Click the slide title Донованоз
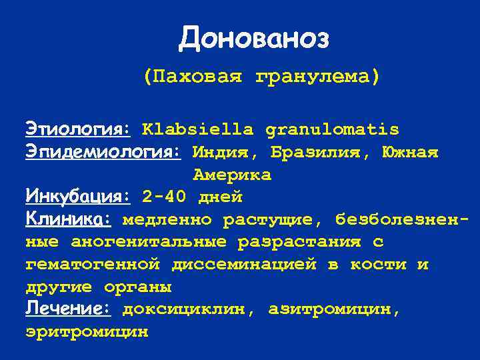click(x=254, y=39)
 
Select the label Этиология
click(x=78, y=129)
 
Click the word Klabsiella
click(x=197, y=129)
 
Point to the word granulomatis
click(x=332, y=129)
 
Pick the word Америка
click(x=232, y=175)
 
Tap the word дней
click(x=220, y=197)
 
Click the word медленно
click(x=167, y=219)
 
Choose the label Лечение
click(x=68, y=309)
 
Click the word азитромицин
click(x=334, y=309)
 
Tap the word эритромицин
click(x=87, y=331)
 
